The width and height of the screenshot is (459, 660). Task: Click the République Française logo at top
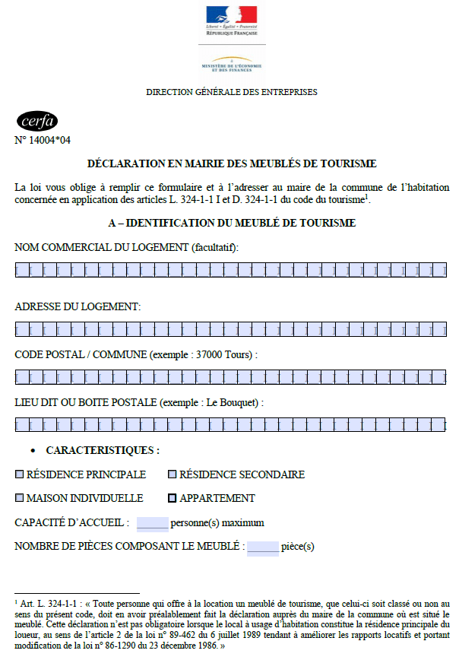pyautogui.click(x=232, y=21)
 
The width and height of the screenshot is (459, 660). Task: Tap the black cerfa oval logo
pyautogui.click(x=36, y=122)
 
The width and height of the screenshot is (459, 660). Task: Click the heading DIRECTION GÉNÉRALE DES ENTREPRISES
pyautogui.click(x=232, y=92)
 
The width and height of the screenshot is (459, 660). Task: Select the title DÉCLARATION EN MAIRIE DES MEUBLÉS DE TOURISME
pyautogui.click(x=232, y=163)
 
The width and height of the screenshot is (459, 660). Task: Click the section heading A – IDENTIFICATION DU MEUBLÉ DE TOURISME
pyautogui.click(x=232, y=223)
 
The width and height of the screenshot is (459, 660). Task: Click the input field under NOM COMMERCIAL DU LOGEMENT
pyautogui.click(x=230, y=269)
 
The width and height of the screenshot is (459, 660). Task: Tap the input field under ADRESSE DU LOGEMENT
pyautogui.click(x=230, y=328)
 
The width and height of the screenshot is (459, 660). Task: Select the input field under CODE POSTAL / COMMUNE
pyautogui.click(x=230, y=377)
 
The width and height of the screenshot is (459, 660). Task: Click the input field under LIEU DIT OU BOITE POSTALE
pyautogui.click(x=230, y=424)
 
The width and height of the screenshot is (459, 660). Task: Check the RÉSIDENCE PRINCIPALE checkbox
pyautogui.click(x=20, y=474)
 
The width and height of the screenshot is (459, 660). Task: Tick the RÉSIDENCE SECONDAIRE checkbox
pyautogui.click(x=173, y=474)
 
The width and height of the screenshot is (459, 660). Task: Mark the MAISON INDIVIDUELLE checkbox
pyautogui.click(x=20, y=499)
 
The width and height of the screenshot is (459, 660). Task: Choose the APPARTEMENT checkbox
pyautogui.click(x=173, y=499)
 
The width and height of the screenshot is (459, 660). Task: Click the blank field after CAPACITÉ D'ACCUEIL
pyautogui.click(x=152, y=523)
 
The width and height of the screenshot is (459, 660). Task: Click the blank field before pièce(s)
pyautogui.click(x=263, y=547)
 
